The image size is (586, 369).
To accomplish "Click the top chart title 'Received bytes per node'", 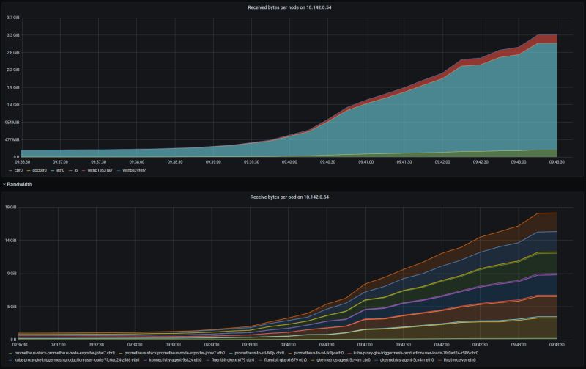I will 293,7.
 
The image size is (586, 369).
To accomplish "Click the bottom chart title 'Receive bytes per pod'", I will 293,197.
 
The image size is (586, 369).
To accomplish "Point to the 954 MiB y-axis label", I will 12,122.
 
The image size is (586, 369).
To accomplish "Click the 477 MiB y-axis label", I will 12,139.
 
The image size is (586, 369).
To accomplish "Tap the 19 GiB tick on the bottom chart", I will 12,208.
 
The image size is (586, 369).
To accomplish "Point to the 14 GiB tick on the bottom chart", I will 12,241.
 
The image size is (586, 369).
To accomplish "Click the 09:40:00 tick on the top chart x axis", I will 289,162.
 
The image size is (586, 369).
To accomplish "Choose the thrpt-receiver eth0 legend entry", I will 456,360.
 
